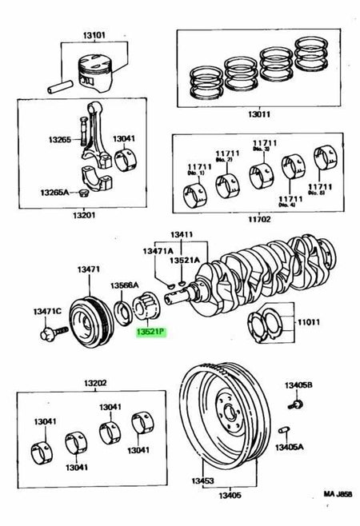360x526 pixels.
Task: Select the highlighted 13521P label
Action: pos(150,329)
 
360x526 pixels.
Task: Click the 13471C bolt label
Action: pos(46,310)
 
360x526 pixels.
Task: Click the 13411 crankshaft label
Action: pos(182,235)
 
